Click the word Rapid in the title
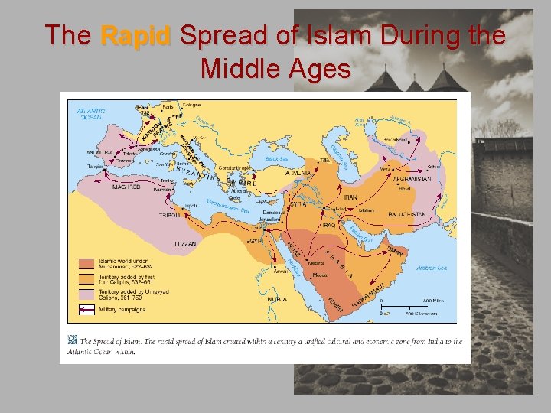(x=136, y=35)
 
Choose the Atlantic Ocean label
(x=91, y=114)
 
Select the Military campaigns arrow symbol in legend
(x=86, y=310)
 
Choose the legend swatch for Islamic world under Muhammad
(x=86, y=262)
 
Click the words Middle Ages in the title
(x=275, y=69)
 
